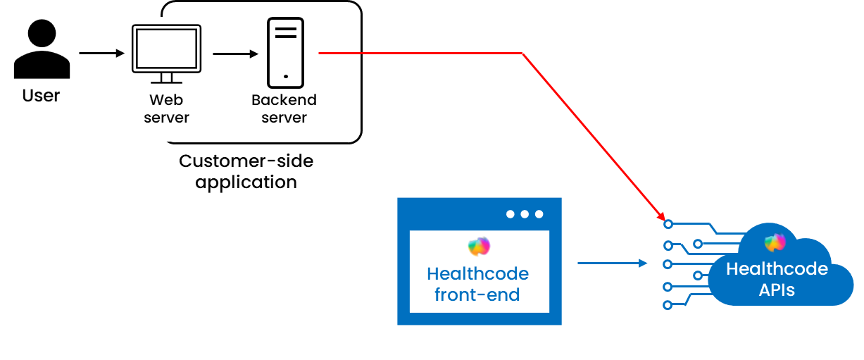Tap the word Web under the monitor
coord(166,100)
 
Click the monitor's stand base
coord(166,82)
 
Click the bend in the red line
coord(522,54)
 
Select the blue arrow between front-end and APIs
coord(612,263)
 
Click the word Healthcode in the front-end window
coord(477,273)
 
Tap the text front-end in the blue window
coord(477,294)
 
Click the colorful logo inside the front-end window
coord(479,247)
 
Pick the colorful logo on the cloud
coord(775,242)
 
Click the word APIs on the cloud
coord(777,290)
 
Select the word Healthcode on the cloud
coord(777,269)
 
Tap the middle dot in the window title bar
coord(525,214)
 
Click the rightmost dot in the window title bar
coord(539,214)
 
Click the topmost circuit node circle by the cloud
coord(668,225)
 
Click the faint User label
coord(41,96)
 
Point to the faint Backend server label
coord(284,108)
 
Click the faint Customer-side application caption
coord(246,171)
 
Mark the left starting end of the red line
coord(320,53)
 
